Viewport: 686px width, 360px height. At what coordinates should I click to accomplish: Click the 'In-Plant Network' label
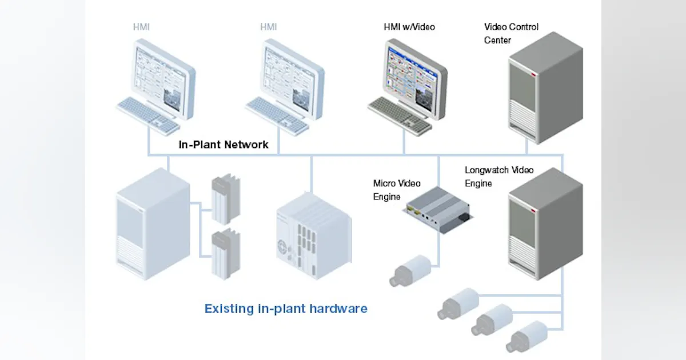point(223,145)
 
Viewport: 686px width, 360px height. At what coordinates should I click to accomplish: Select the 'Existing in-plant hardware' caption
point(286,309)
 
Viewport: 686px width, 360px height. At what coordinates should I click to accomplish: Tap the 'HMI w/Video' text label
point(409,27)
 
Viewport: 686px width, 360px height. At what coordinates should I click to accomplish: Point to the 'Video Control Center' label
point(511,33)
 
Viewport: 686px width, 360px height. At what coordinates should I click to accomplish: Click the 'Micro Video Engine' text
point(397,190)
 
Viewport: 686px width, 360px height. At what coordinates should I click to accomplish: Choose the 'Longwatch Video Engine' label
point(498,177)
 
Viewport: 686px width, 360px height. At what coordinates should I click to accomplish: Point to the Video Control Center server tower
point(545,89)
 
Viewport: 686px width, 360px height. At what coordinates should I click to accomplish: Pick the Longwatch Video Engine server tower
point(545,224)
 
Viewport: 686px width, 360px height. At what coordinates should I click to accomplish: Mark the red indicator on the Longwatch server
point(533,213)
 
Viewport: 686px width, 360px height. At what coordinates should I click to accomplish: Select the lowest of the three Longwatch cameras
point(525,337)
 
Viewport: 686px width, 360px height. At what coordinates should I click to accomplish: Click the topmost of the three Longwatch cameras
point(457,303)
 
